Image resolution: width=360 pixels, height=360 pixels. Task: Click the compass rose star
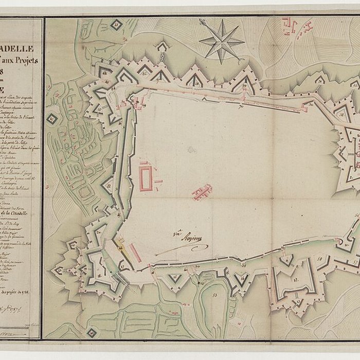pyautogui.click(x=222, y=41)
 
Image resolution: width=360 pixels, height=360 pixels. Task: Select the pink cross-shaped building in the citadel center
pyautogui.click(x=202, y=192)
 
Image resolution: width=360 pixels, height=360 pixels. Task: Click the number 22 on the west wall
pyautogui.click(x=109, y=186)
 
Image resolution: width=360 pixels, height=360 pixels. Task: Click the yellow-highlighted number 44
pyautogui.click(x=121, y=247)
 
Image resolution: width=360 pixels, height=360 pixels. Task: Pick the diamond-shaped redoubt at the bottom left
pyautogui.click(x=92, y=333)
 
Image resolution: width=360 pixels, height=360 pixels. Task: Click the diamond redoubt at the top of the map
pyautogui.click(x=117, y=24)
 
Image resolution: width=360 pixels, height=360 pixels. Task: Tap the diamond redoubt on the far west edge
pyautogui.click(x=52, y=119)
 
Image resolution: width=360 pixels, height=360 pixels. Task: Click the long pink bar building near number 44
pyautogui.click(x=135, y=253)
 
